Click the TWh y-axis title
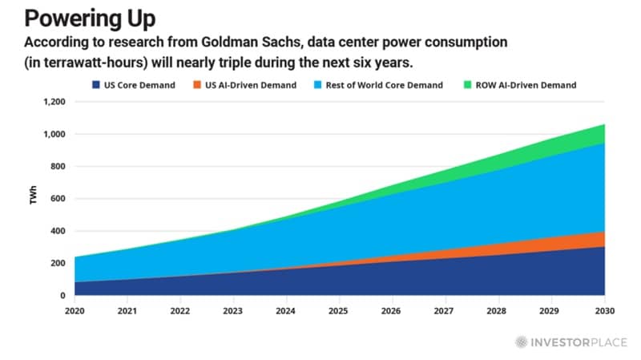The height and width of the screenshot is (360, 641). click(x=34, y=199)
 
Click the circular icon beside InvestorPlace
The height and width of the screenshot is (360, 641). click(x=522, y=341)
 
